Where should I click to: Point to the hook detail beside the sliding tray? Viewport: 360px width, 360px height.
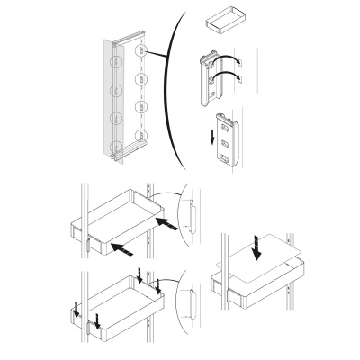191,218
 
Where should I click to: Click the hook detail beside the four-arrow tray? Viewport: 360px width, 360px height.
191,303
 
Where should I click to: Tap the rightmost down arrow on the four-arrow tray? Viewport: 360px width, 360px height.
158,286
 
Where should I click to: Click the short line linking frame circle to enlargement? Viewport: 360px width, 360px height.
158,57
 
